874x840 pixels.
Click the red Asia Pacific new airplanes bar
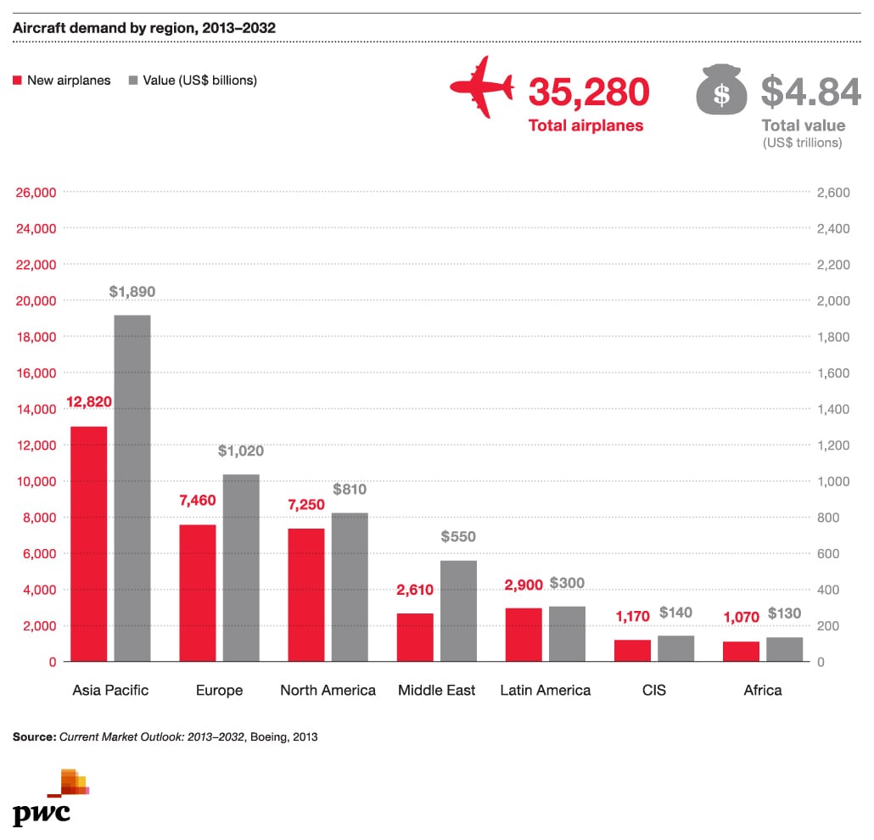(x=88, y=543)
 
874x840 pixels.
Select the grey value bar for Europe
(x=241, y=568)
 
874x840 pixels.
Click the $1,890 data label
(x=132, y=292)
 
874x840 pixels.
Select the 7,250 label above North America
(x=306, y=505)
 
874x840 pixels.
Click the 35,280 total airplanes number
(x=589, y=92)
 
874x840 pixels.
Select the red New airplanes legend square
(x=17, y=81)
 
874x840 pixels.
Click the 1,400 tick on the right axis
(x=832, y=409)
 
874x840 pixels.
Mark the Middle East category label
(x=437, y=690)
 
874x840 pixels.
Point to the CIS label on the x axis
(x=654, y=690)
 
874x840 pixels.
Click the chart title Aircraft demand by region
(x=144, y=28)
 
